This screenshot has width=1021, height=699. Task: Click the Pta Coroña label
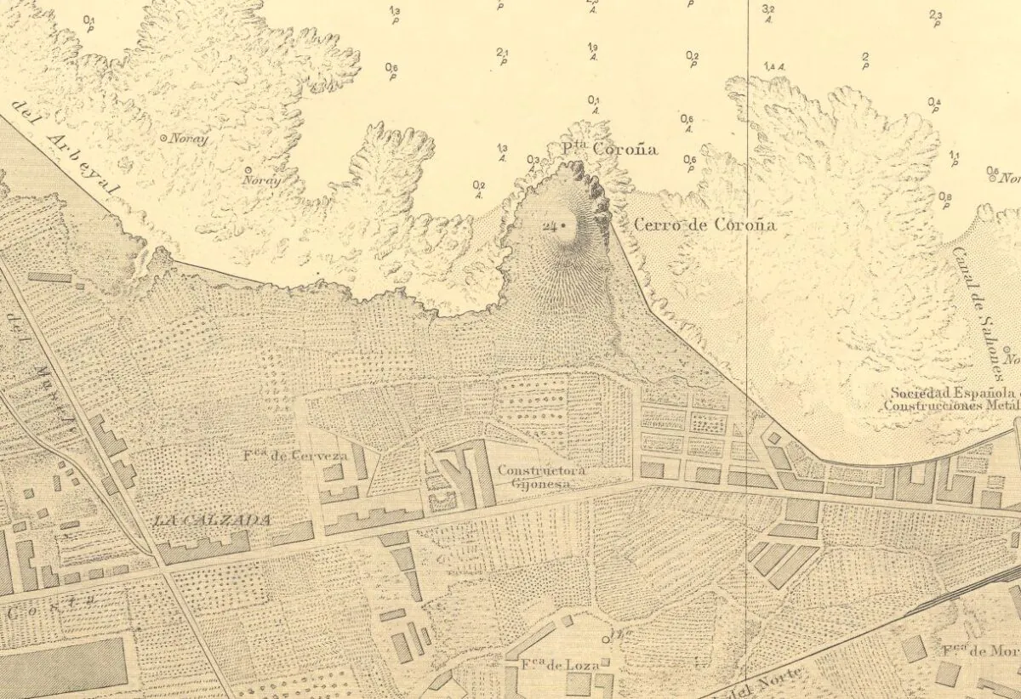pyautogui.click(x=610, y=150)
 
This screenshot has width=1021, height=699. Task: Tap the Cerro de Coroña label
pyautogui.click(x=705, y=226)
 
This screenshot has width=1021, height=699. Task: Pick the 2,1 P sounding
pyautogui.click(x=502, y=56)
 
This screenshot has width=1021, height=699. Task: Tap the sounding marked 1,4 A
pyautogui.click(x=774, y=66)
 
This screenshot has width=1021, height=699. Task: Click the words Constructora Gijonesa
pyautogui.click(x=532, y=476)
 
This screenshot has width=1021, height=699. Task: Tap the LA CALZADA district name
pyautogui.click(x=213, y=520)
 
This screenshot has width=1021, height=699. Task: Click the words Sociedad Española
pyautogui.click(x=953, y=394)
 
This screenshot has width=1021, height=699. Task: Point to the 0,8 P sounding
pyautogui.click(x=945, y=201)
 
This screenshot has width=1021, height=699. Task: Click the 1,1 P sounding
pyautogui.click(x=954, y=158)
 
